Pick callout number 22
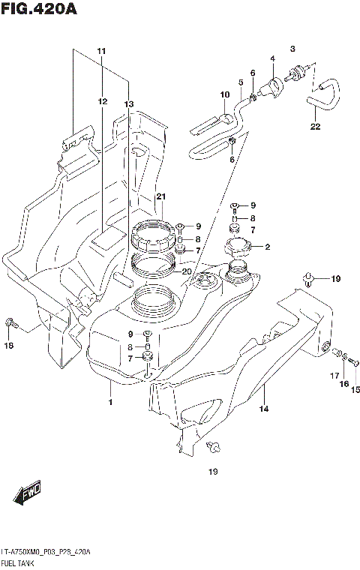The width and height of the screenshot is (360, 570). pyautogui.click(x=315, y=127)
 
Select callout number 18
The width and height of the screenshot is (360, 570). pyautogui.click(x=9, y=346)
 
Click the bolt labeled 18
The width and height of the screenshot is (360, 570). pyautogui.click(x=10, y=322)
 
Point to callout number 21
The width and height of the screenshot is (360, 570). pyautogui.click(x=160, y=196)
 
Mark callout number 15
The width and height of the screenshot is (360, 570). pyautogui.click(x=355, y=389)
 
